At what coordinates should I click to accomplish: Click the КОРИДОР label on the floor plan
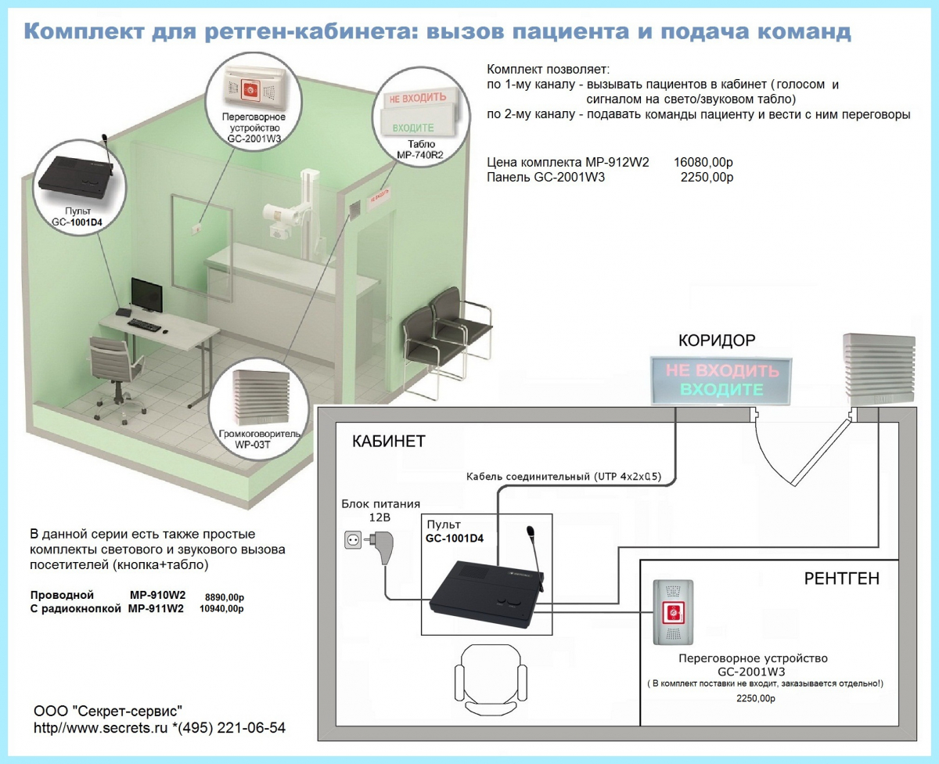click(x=717, y=341)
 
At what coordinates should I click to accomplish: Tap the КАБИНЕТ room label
click(x=388, y=441)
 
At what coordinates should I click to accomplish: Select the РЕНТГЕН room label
click(x=841, y=578)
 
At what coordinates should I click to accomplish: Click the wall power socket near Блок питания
click(x=353, y=540)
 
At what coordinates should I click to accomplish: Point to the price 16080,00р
click(x=703, y=162)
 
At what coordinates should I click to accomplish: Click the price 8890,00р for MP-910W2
click(x=225, y=597)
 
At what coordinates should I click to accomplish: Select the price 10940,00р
click(x=221, y=609)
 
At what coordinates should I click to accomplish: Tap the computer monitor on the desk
click(x=146, y=294)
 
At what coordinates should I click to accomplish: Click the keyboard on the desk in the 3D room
click(x=144, y=325)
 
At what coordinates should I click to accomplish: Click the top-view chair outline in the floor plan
click(x=491, y=679)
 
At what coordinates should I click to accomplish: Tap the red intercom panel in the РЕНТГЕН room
click(x=673, y=612)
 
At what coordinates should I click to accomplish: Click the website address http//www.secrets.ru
click(x=100, y=728)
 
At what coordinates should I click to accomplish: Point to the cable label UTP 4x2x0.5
click(x=628, y=476)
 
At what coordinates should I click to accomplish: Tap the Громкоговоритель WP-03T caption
click(x=258, y=439)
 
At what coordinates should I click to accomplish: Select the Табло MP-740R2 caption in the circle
click(x=420, y=150)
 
